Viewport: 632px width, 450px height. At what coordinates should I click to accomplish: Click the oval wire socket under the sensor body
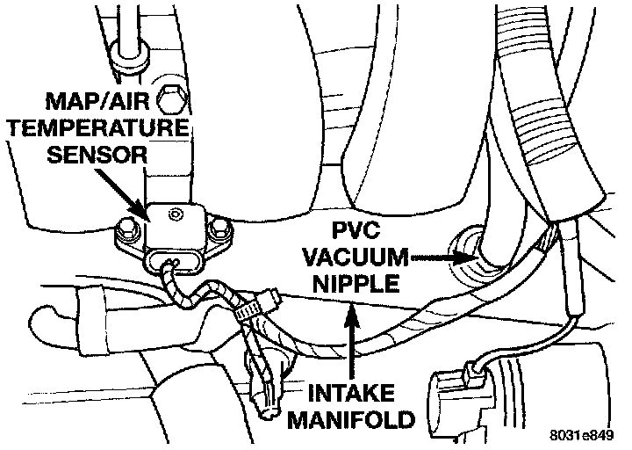point(171,262)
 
